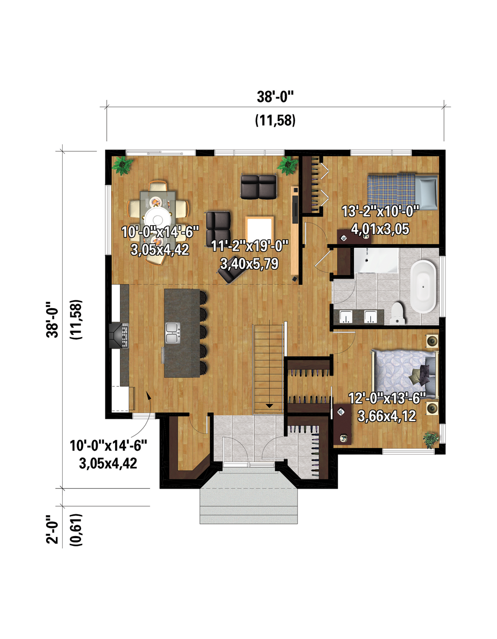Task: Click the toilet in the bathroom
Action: pyautogui.click(x=398, y=313)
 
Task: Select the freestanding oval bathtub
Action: pyautogui.click(x=423, y=286)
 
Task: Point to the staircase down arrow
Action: pyautogui.click(x=269, y=406)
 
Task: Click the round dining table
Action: pyautogui.click(x=158, y=217)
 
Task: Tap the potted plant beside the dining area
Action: pyautogui.click(x=122, y=165)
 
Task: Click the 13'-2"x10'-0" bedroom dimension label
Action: pyautogui.click(x=380, y=212)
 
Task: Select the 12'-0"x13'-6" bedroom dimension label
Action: pyautogui.click(x=386, y=398)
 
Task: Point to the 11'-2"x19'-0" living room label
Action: pyautogui.click(x=249, y=246)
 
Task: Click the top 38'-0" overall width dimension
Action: pyautogui.click(x=275, y=97)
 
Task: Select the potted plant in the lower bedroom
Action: pyautogui.click(x=431, y=440)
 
